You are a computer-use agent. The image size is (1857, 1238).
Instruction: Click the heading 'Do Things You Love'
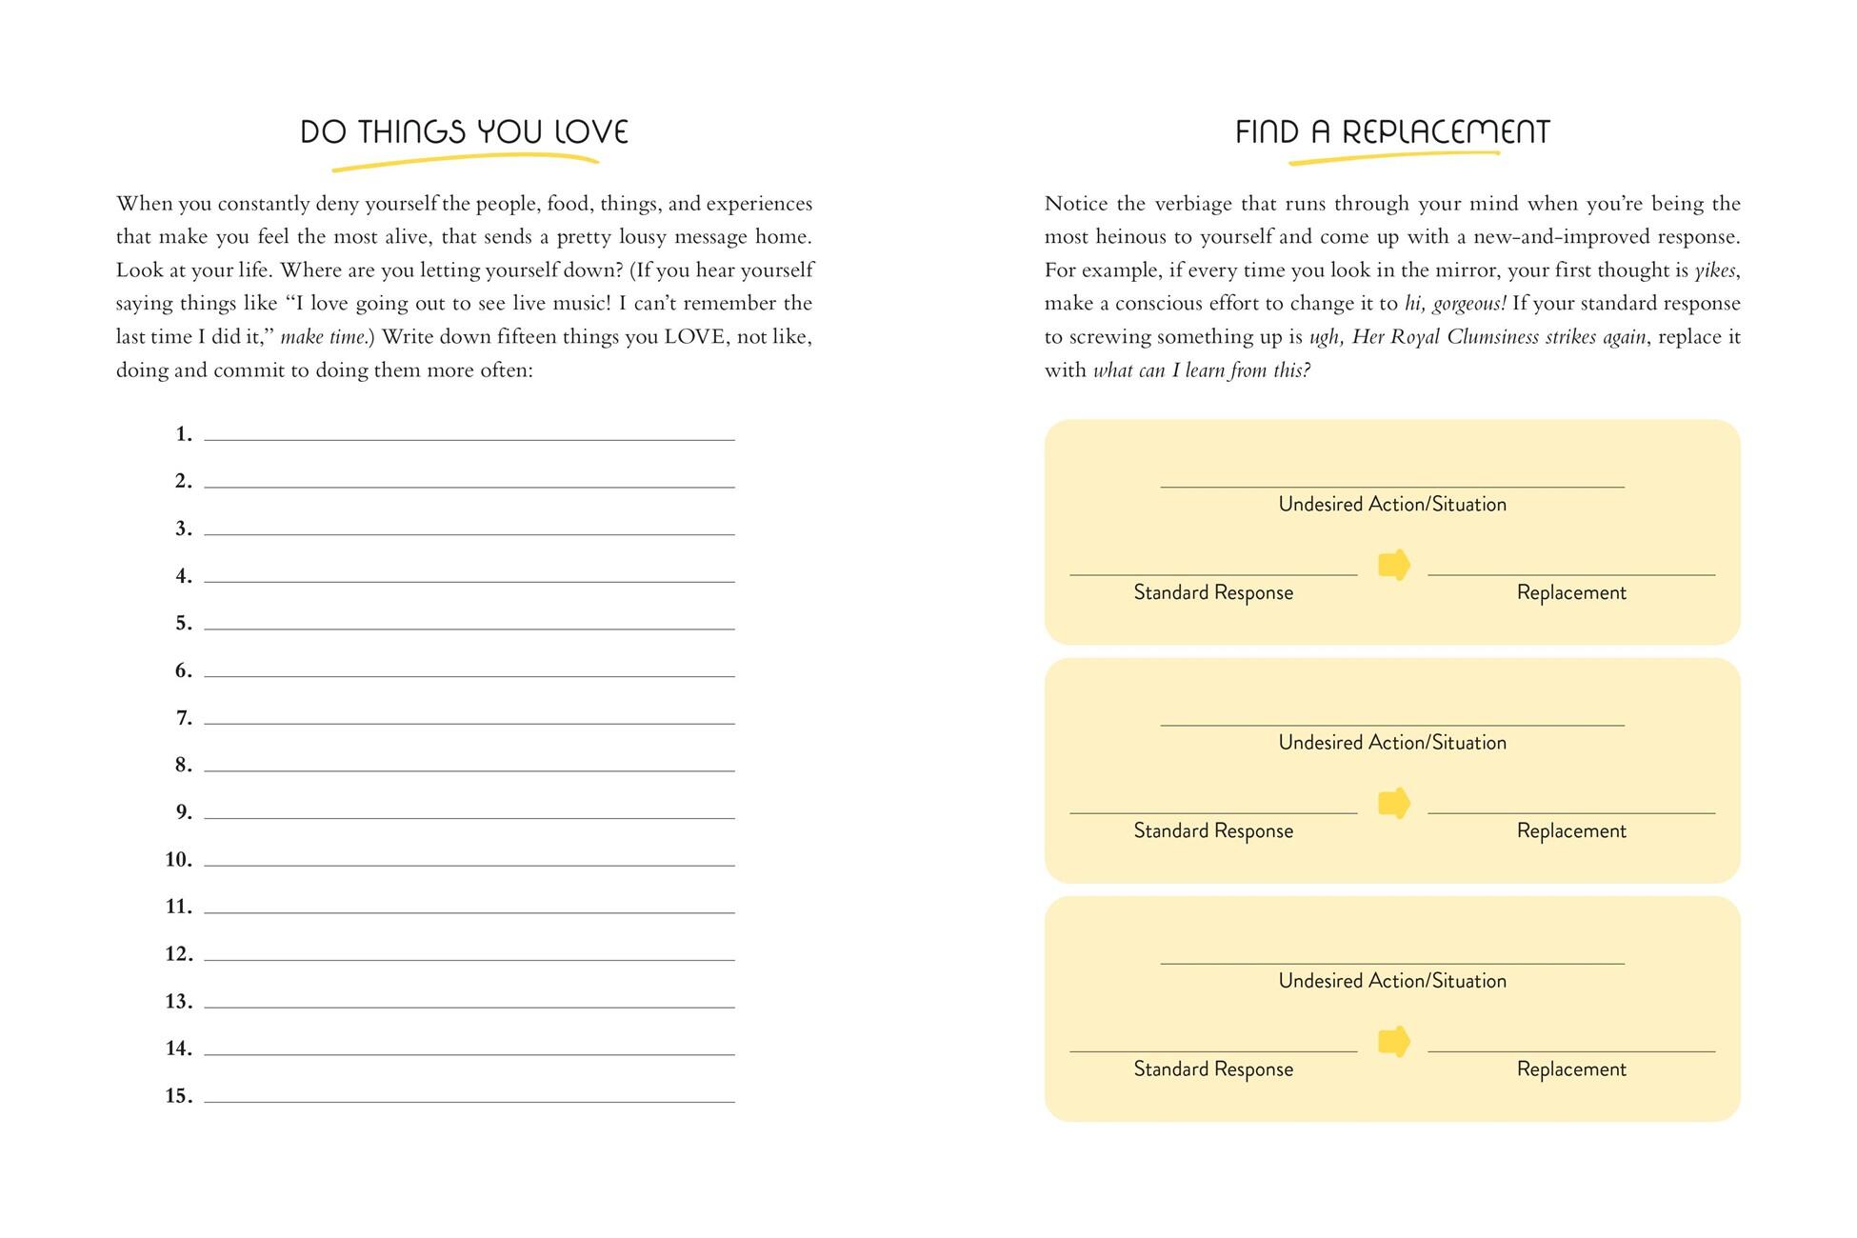click(x=464, y=131)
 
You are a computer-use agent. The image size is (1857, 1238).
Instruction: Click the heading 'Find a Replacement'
click(x=1392, y=131)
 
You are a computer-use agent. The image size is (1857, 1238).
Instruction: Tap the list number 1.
click(x=184, y=434)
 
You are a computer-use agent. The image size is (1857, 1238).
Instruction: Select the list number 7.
click(x=184, y=718)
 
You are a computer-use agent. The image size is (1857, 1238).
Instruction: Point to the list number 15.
click(x=179, y=1096)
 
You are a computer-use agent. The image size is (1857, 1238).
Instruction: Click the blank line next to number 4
click(x=469, y=575)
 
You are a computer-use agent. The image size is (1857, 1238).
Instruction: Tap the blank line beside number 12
click(x=469, y=953)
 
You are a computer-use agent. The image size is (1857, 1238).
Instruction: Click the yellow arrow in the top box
click(x=1394, y=565)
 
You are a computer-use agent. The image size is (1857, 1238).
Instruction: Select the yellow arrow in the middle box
click(x=1394, y=803)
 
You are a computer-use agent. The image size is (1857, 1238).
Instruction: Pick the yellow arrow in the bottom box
click(x=1394, y=1041)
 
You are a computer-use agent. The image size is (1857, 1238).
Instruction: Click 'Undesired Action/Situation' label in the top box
click(x=1392, y=504)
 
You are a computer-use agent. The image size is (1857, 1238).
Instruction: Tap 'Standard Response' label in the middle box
click(x=1213, y=830)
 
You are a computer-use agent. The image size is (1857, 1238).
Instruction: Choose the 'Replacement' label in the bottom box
click(x=1571, y=1068)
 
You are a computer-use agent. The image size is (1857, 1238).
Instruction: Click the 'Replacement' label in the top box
click(x=1571, y=592)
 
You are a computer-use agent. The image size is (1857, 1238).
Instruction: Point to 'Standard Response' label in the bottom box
click(x=1213, y=1068)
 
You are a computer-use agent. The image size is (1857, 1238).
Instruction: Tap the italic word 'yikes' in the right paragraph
click(x=1715, y=270)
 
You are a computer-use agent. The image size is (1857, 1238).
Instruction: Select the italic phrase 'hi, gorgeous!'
click(x=1455, y=304)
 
